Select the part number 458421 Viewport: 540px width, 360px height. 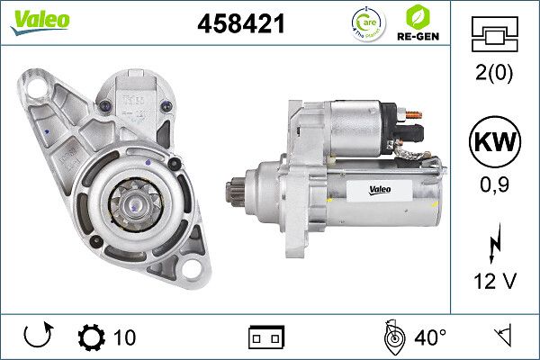click(x=240, y=25)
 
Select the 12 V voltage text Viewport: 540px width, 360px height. click(x=495, y=282)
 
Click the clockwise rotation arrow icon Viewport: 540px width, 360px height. click(x=37, y=337)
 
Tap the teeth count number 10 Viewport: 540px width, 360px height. click(x=124, y=337)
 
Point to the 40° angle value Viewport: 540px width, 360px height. click(x=430, y=337)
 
